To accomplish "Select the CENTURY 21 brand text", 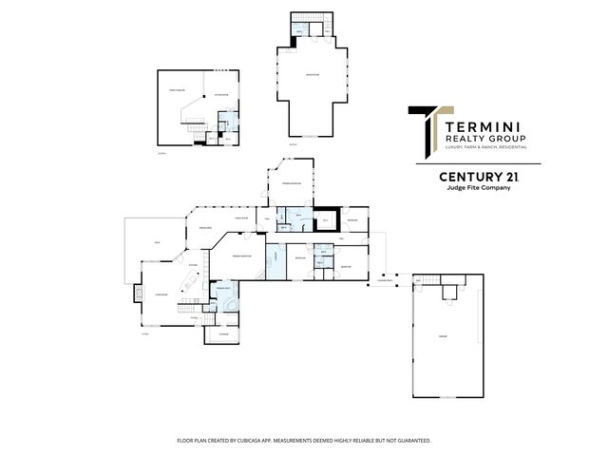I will (478, 177).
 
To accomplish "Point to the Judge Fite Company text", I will (478, 188).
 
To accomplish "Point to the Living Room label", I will (161, 295).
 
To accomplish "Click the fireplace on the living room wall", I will (139, 295).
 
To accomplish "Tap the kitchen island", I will (190, 281).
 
